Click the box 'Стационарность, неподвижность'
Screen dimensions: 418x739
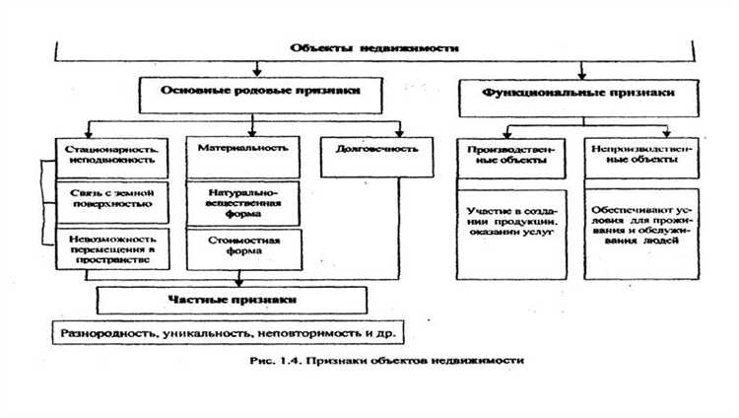[113, 154]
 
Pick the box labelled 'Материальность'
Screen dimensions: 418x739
[242, 149]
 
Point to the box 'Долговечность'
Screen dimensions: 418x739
[363, 150]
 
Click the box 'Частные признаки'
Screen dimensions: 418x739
[233, 298]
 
